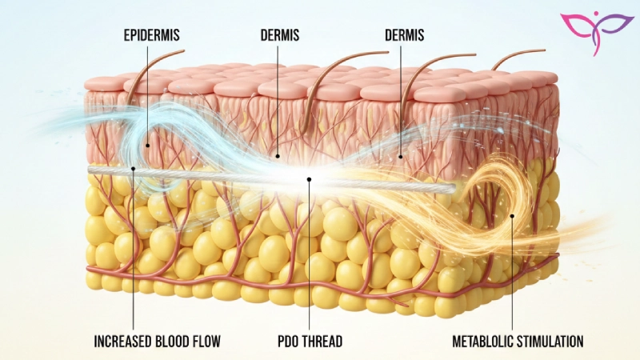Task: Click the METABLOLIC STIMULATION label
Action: (518, 342)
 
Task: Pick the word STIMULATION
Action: (552, 342)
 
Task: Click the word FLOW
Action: (205, 342)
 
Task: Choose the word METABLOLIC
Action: (483, 342)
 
